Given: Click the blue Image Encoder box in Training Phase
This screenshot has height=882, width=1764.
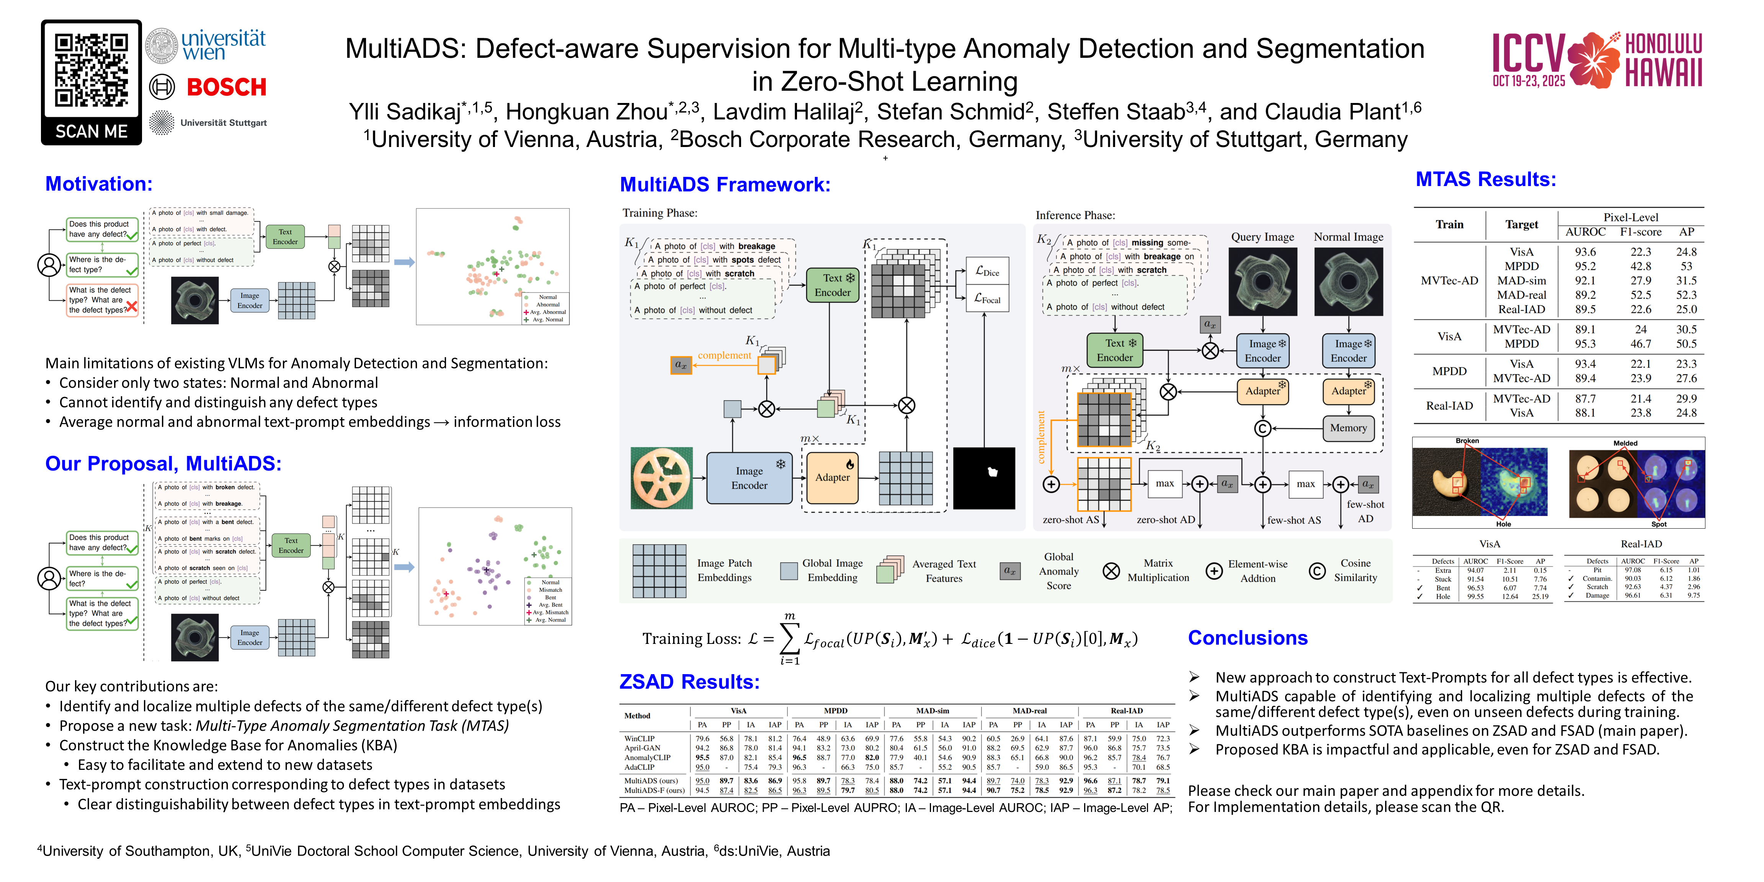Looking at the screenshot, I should (x=749, y=478).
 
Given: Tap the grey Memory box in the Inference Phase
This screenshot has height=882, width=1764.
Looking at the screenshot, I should (x=1347, y=428).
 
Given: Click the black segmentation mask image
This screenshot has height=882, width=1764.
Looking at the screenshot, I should (x=984, y=478).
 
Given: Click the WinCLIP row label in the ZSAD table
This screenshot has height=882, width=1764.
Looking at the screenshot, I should (x=639, y=739).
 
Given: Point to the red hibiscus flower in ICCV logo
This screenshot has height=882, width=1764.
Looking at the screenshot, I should (x=1594, y=60).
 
